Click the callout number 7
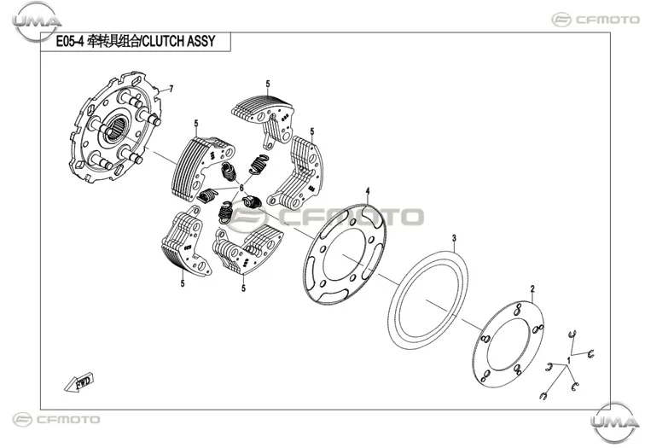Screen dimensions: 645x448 tap(171, 89)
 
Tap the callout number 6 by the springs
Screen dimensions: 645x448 tap(241, 188)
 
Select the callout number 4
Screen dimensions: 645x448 tap(368, 191)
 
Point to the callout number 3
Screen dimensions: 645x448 tap(454, 238)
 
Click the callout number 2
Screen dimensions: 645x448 tap(532, 288)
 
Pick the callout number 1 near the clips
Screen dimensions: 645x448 tap(568, 360)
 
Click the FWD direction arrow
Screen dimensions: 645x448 tap(79, 382)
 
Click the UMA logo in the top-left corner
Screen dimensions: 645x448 tap(37, 21)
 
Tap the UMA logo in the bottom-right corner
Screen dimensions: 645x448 tap(614, 422)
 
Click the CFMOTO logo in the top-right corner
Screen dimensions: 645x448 tap(596, 20)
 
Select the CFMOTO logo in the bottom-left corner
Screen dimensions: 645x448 tap(56, 420)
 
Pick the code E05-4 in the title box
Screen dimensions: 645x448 tap(69, 42)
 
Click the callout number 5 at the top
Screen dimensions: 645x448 tap(268, 84)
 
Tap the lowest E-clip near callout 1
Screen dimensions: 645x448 tap(543, 396)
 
